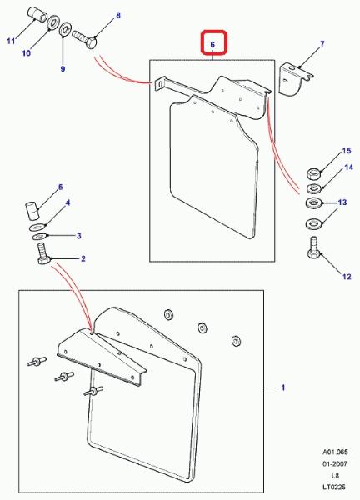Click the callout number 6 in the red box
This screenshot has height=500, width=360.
(212, 44)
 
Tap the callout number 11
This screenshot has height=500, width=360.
(11, 41)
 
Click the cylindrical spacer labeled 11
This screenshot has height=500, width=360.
(38, 14)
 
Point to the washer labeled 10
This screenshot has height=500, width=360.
(53, 22)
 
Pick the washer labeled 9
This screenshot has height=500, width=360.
(66, 30)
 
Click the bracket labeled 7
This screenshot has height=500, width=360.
(295, 80)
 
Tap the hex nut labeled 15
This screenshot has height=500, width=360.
(313, 174)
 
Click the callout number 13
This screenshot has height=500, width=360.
(342, 202)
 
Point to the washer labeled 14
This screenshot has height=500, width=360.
(313, 188)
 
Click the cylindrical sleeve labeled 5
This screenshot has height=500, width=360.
(32, 211)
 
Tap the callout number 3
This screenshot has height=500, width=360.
(79, 236)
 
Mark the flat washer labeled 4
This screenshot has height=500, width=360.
(37, 227)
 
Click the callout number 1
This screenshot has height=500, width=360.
(282, 387)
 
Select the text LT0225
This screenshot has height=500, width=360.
(333, 487)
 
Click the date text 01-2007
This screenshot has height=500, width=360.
(334, 463)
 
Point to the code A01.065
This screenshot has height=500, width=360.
(335, 452)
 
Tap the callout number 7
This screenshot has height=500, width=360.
(322, 43)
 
